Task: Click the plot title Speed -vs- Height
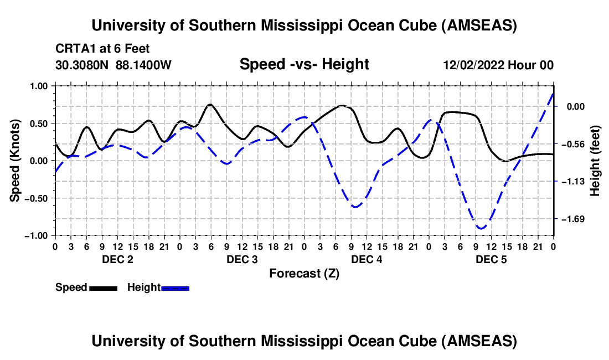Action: click(x=304, y=65)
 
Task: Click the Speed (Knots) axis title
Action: click(x=17, y=161)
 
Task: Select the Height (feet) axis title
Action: click(x=595, y=161)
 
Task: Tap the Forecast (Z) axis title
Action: click(x=304, y=273)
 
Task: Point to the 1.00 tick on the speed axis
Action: click(x=39, y=86)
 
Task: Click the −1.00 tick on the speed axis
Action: click(x=38, y=235)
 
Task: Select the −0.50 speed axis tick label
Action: click(x=38, y=198)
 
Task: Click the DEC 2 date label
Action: click(x=117, y=259)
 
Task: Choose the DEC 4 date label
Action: click(x=367, y=259)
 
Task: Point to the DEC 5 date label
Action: click(x=491, y=259)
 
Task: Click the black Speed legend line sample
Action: click(x=103, y=287)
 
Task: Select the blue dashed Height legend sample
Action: click(x=176, y=287)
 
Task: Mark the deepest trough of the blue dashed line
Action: click(x=481, y=228)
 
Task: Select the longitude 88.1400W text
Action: click(x=144, y=65)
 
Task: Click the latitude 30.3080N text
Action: click(x=82, y=65)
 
